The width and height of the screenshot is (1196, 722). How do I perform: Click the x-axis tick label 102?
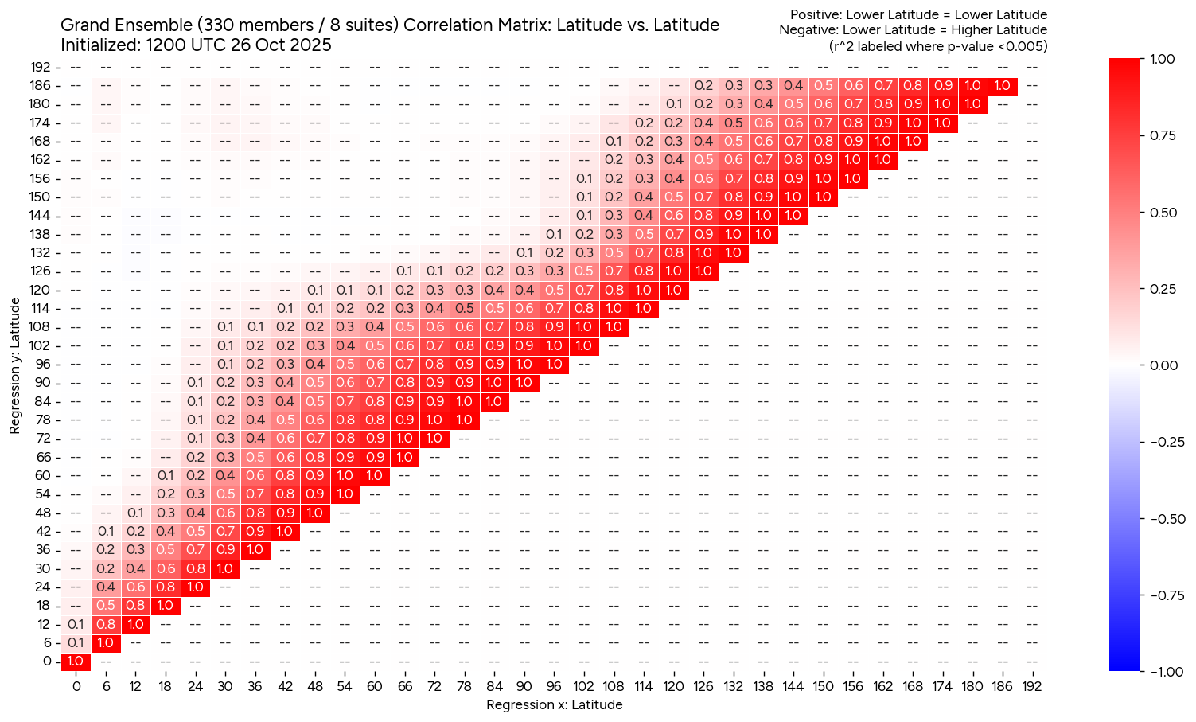584,686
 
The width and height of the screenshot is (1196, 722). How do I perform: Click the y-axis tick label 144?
41,215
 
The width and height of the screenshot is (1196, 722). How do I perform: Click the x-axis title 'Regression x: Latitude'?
554,704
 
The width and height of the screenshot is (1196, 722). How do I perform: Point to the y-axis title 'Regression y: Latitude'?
15,365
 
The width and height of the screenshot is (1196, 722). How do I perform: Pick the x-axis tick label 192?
1032,686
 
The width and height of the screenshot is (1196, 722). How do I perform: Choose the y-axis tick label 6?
47,642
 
